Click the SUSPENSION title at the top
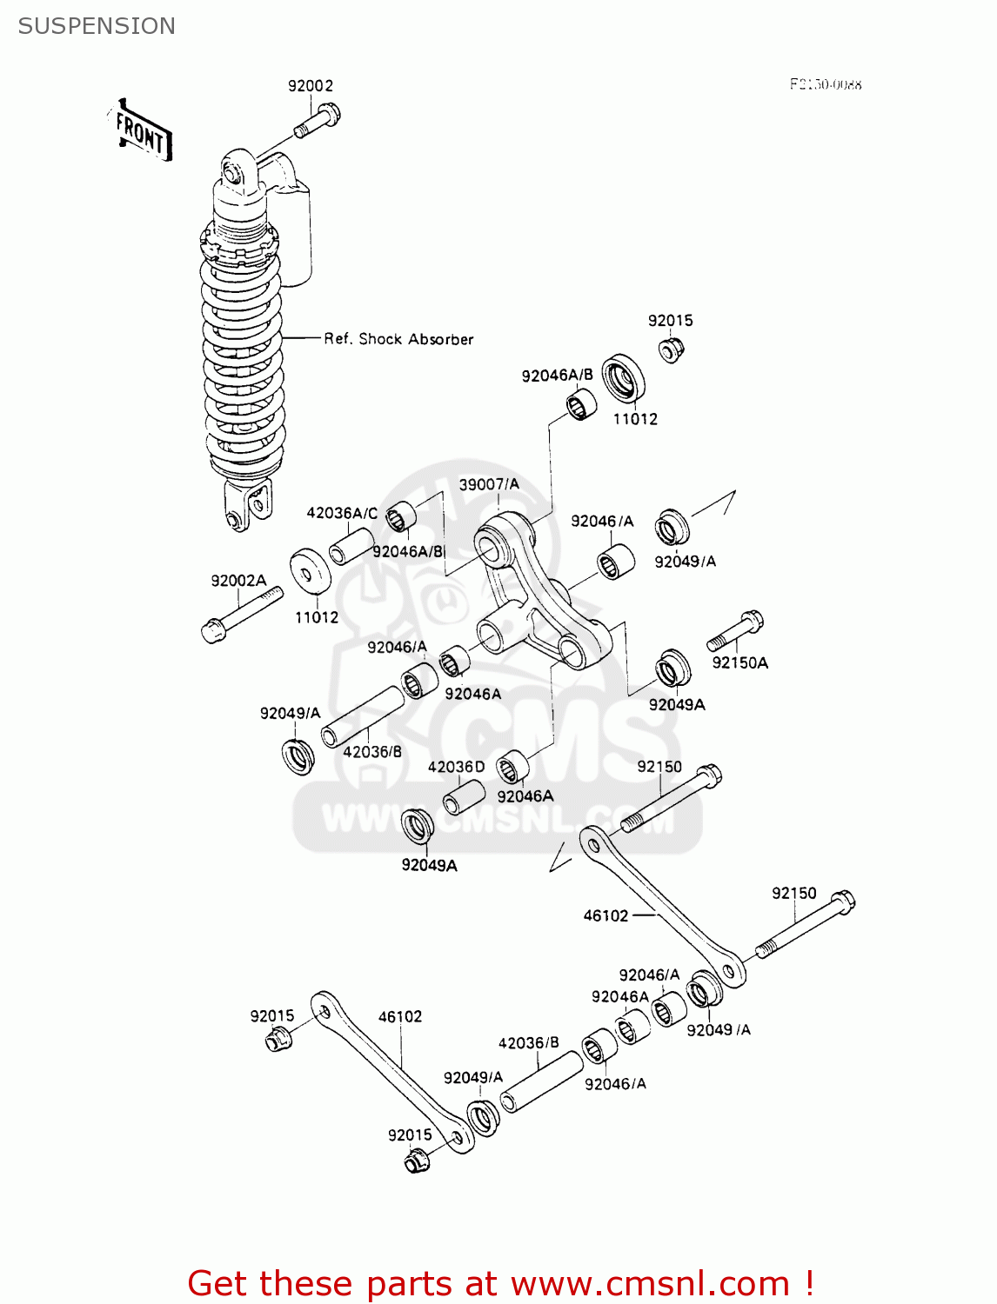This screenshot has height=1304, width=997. coord(97,26)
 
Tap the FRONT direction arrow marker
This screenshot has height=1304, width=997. coord(142,132)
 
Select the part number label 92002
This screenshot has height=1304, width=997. coord(311,85)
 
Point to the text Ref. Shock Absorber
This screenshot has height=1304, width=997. coord(398,339)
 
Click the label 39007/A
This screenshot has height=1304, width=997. coord(489,484)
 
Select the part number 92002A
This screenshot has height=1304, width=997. coord(238,580)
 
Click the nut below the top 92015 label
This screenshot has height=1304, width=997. coord(671,350)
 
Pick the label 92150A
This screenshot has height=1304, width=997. coord(739,662)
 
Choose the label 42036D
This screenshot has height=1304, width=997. coord(456,767)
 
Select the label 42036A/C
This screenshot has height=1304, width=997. coord(342,513)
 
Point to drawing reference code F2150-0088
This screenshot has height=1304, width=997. coord(825,84)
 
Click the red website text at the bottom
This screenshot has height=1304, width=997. coord(500,1283)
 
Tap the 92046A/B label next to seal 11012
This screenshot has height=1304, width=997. coord(557,376)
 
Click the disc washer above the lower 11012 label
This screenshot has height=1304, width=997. coord(310,574)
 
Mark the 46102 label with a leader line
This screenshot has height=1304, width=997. coord(606,915)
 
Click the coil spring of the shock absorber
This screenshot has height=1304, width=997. coord(242,365)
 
